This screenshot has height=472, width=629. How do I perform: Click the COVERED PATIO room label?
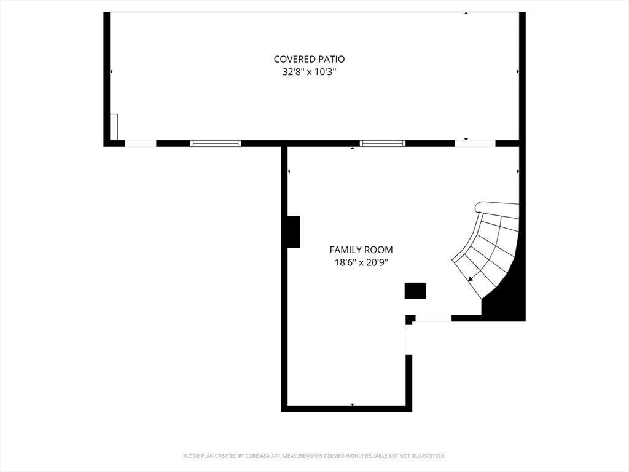(x=309, y=59)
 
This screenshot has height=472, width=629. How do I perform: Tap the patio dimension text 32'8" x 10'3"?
(x=309, y=73)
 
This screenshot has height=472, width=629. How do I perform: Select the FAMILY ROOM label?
(x=361, y=250)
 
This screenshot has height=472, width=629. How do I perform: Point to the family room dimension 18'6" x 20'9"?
(x=361, y=263)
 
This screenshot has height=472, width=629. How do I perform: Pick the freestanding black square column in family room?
(x=415, y=291)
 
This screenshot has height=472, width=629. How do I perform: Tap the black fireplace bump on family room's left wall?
(x=294, y=232)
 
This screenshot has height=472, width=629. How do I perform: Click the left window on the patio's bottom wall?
(x=216, y=143)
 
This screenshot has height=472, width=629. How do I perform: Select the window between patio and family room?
(x=382, y=143)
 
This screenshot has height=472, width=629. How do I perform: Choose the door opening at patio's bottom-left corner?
(x=141, y=143)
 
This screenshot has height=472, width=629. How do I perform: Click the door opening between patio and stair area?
(x=475, y=143)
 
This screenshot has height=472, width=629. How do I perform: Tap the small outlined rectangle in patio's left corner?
(x=114, y=127)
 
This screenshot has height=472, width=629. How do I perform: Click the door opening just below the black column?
(x=433, y=318)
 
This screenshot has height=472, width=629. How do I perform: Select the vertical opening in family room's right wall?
(x=408, y=339)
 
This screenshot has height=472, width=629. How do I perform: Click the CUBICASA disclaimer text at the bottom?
(x=314, y=456)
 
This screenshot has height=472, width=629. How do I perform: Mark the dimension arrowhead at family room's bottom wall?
(x=352, y=404)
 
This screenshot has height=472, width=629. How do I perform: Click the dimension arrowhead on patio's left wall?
(x=111, y=71)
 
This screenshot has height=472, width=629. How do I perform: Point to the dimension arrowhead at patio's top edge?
(x=466, y=14)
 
